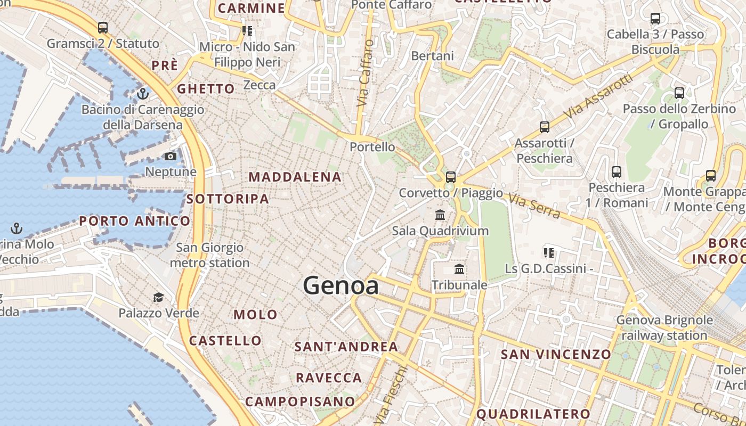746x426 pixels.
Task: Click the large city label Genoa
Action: pyautogui.click(x=341, y=286)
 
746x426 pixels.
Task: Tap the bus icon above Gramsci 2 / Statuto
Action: pyautogui.click(x=103, y=27)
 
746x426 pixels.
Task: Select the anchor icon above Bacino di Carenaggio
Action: pyautogui.click(x=142, y=94)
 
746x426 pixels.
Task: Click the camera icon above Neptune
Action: pyautogui.click(x=171, y=156)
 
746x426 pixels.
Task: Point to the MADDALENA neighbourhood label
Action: pyautogui.click(x=295, y=177)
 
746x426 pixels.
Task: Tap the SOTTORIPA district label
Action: pyautogui.click(x=228, y=199)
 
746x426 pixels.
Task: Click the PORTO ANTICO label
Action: pyautogui.click(x=135, y=221)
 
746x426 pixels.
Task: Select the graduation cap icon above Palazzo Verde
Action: pyautogui.click(x=158, y=297)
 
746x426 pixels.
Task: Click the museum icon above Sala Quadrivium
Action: pyautogui.click(x=440, y=215)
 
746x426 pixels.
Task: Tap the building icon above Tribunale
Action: pyautogui.click(x=459, y=269)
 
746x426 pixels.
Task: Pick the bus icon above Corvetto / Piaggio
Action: pyautogui.click(x=451, y=177)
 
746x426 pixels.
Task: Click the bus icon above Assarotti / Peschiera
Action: pyautogui.click(x=544, y=127)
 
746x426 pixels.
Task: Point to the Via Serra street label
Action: pyautogui.click(x=534, y=207)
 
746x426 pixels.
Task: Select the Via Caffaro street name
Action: pyautogui.click(x=364, y=72)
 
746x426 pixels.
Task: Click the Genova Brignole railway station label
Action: pyautogui.click(x=664, y=328)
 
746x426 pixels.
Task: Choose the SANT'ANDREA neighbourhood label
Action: pyautogui.click(x=346, y=347)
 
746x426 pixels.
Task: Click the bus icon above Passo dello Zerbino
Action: pyautogui.click(x=679, y=93)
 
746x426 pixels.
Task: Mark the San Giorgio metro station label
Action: pyautogui.click(x=209, y=255)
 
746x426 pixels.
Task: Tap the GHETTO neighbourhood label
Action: pyautogui.click(x=206, y=89)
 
